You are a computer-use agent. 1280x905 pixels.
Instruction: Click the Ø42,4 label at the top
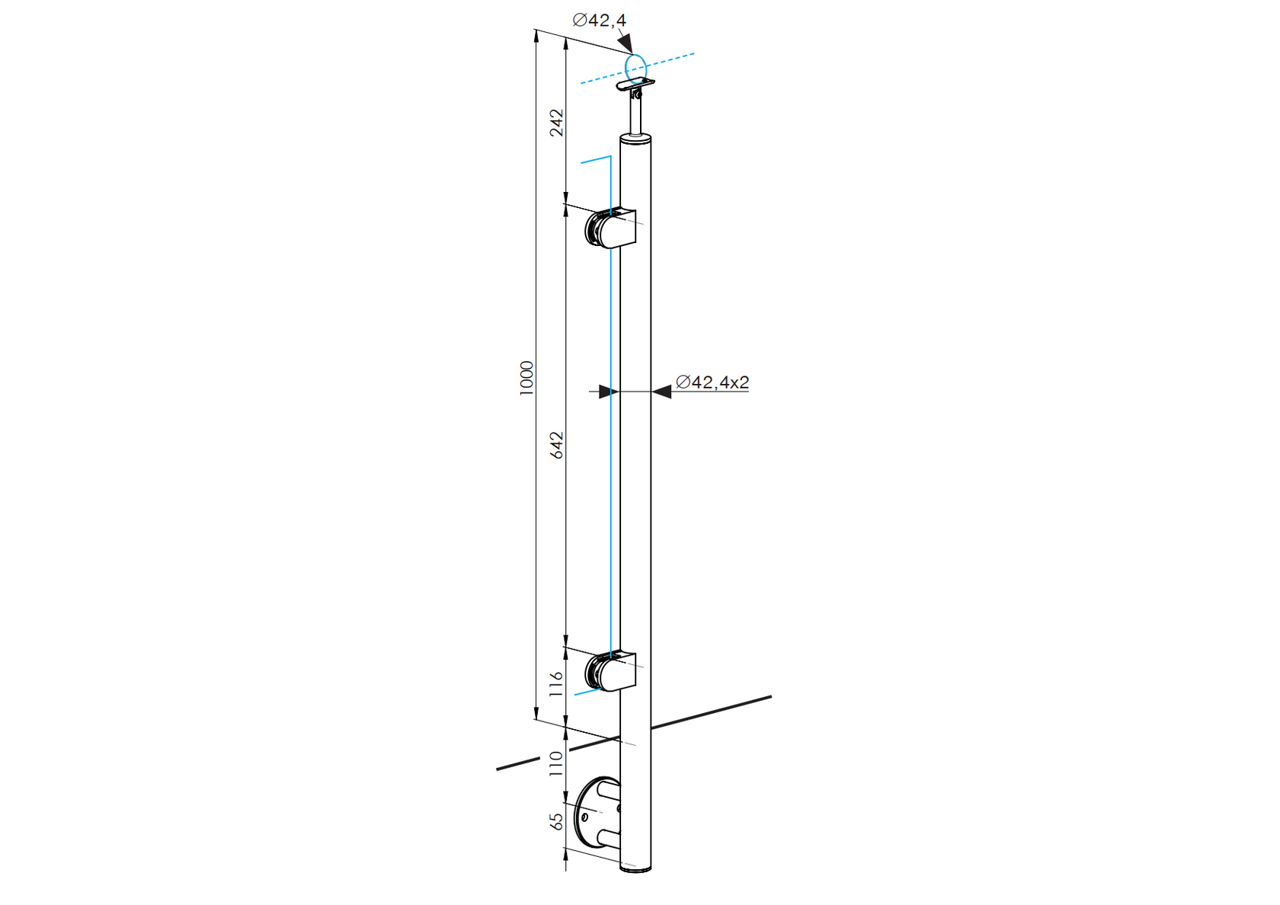(600, 21)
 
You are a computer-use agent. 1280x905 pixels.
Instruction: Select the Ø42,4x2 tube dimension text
(712, 382)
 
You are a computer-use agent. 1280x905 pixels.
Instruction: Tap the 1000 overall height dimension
(526, 377)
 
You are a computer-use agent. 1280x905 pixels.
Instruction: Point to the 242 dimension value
(557, 123)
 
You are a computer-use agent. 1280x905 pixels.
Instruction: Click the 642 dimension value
(557, 445)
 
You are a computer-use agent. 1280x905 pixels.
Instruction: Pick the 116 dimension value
(557, 683)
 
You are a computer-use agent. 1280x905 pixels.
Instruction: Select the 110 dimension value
(557, 763)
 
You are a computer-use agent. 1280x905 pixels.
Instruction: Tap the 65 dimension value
(557, 821)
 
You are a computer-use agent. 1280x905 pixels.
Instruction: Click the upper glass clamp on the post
(611, 229)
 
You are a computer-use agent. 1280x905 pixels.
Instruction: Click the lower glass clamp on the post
(611, 671)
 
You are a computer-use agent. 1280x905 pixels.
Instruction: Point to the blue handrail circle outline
(635, 67)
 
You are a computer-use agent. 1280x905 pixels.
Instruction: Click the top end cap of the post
(635, 139)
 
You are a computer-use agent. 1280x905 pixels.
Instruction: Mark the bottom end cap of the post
(635, 868)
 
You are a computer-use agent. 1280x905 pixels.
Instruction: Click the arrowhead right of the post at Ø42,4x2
(661, 392)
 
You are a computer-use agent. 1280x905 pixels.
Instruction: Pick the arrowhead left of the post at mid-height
(608, 392)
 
